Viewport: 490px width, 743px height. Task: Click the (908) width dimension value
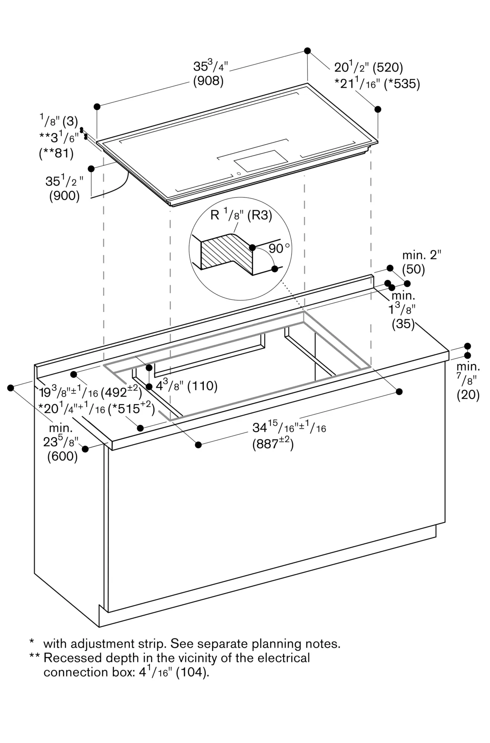coord(208,81)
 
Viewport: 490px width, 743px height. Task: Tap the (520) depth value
coord(388,68)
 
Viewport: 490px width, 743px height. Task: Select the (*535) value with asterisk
coord(402,84)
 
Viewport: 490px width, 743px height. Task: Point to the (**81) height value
coord(56,153)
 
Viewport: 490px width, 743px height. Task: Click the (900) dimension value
coord(64,196)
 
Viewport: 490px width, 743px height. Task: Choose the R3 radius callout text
coord(259,215)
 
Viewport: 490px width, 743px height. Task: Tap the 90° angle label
coord(279,248)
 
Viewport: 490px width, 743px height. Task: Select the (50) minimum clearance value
coord(413,269)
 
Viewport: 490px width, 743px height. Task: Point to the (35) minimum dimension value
coord(403,324)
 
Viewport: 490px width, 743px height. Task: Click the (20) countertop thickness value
coord(468,395)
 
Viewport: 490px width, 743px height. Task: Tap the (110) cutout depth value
coord(202,386)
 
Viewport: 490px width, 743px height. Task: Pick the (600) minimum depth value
coord(62,456)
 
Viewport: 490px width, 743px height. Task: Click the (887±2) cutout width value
coord(273,444)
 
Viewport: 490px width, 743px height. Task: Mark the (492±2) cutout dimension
coord(121,392)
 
